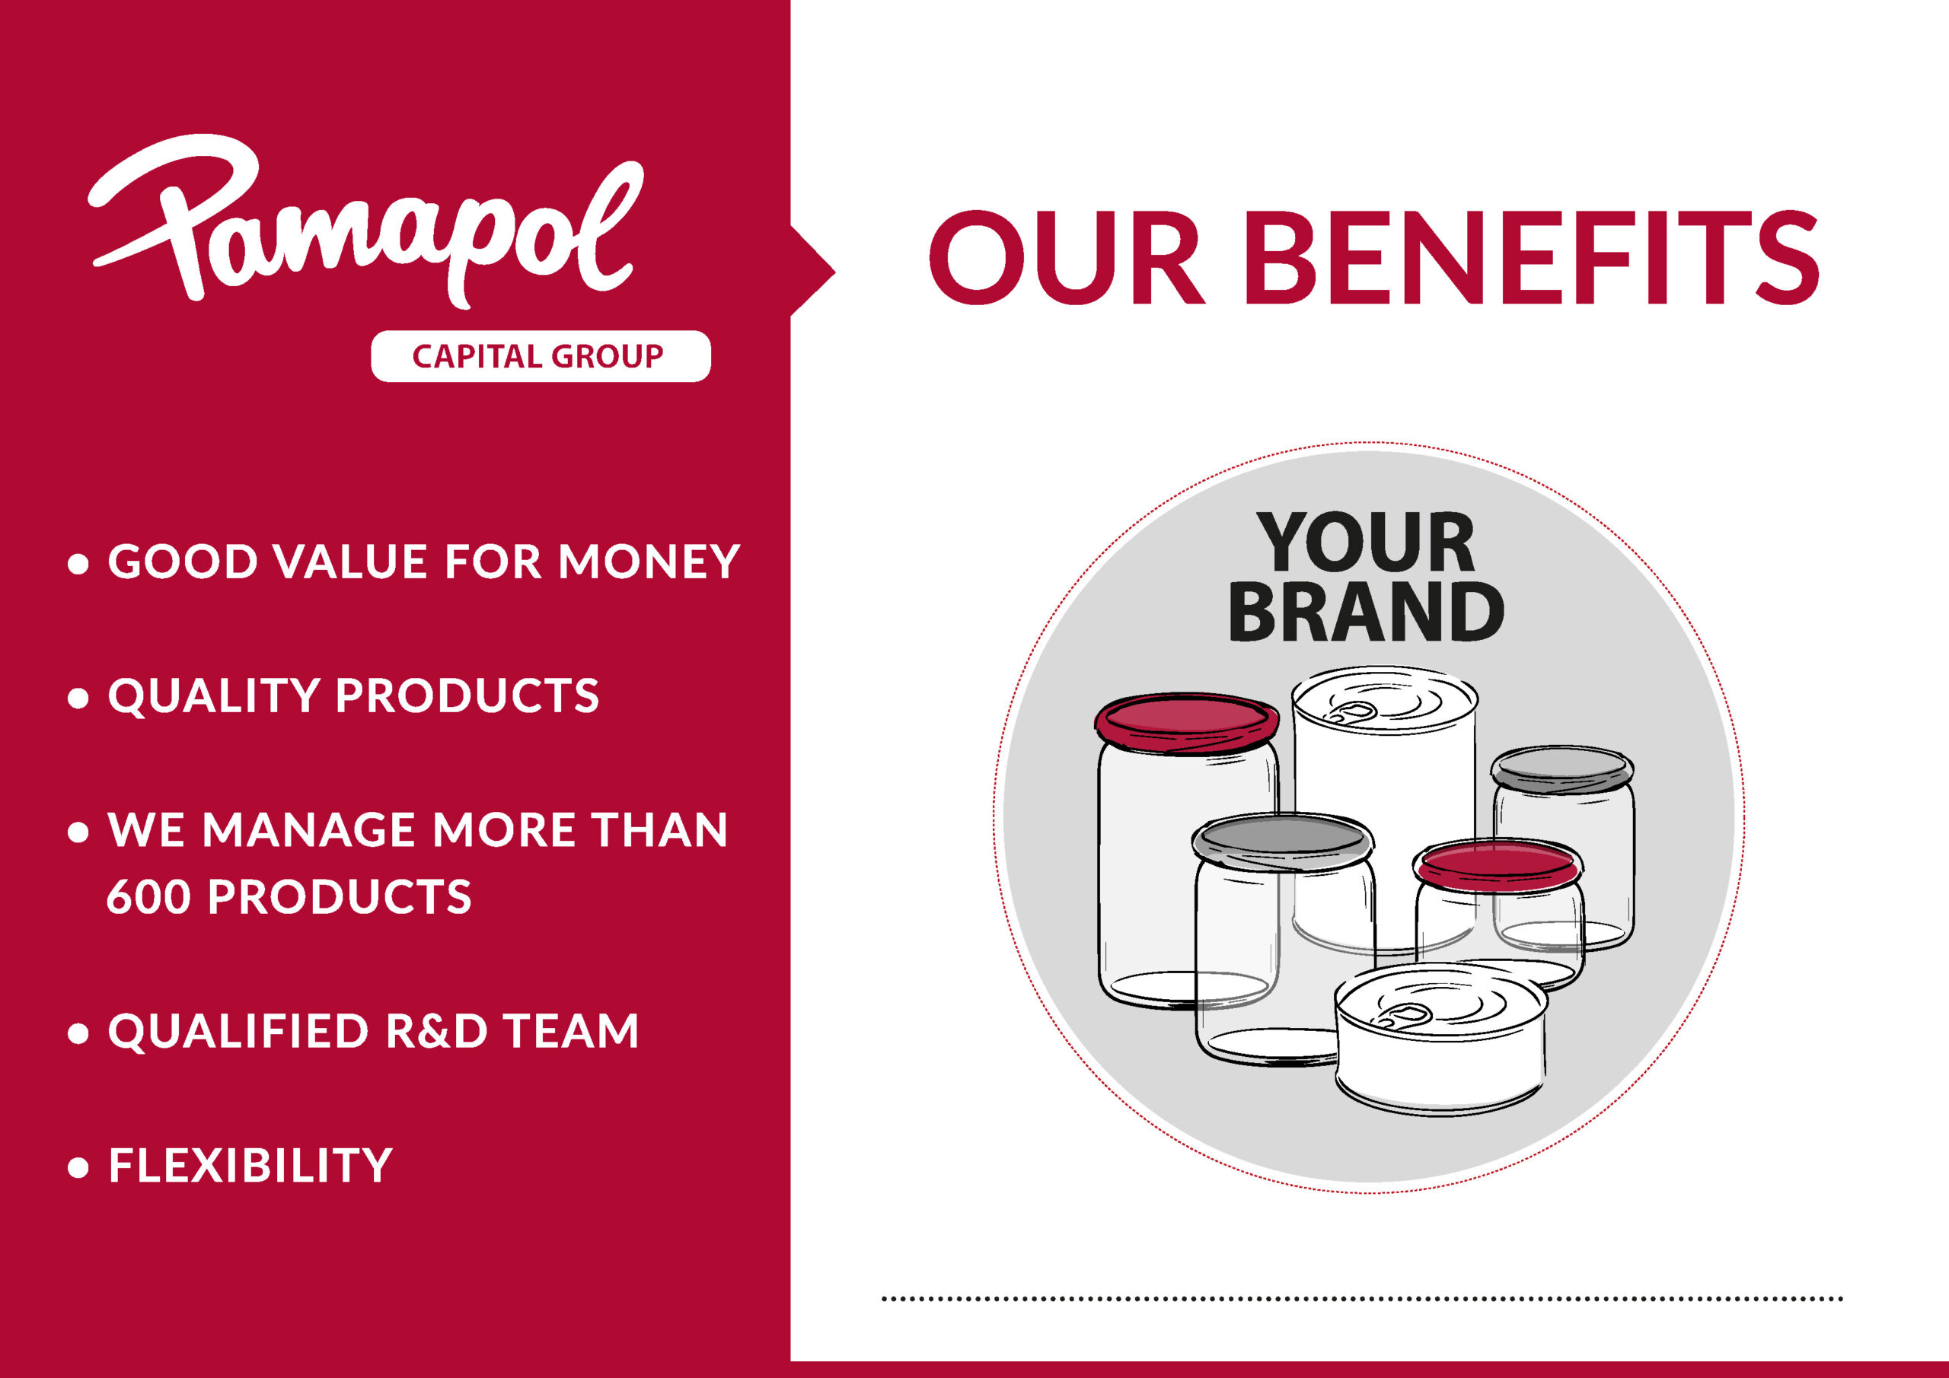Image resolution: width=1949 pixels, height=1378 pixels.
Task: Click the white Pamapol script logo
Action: pyautogui.click(x=365, y=222)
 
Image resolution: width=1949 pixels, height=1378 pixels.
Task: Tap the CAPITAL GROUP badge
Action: pyautogui.click(x=541, y=356)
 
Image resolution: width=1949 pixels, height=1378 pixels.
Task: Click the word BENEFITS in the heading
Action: pyautogui.click(x=1536, y=258)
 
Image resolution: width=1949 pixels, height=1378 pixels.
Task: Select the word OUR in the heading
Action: pyautogui.click(x=1066, y=258)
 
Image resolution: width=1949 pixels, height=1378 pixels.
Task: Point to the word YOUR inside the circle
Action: pyautogui.click(x=1366, y=543)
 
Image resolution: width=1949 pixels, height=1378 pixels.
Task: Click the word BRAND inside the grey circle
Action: pyautogui.click(x=1366, y=612)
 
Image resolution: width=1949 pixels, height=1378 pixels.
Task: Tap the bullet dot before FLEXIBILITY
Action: pyautogui.click(x=78, y=1167)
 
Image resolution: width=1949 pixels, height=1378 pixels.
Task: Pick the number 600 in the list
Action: pyautogui.click(x=148, y=897)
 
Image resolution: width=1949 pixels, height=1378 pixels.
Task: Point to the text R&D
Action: pyautogui.click(x=437, y=1031)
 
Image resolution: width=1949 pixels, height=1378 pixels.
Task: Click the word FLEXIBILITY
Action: pyautogui.click(x=250, y=1165)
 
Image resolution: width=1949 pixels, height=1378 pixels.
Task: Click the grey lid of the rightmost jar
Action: pyautogui.click(x=1562, y=769)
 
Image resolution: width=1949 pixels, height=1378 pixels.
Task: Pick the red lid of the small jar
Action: pyautogui.click(x=1498, y=864)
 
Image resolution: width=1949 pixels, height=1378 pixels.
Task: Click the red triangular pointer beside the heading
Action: pyautogui.click(x=812, y=272)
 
